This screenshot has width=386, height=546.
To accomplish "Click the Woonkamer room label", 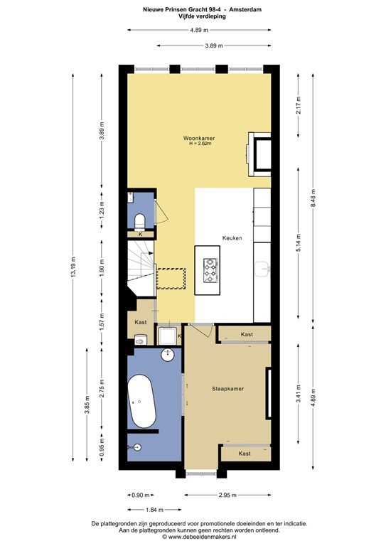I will [199, 137].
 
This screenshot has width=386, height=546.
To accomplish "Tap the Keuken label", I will [232, 239].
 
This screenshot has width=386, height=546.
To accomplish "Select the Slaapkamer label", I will [228, 389].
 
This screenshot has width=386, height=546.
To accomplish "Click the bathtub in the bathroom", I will [142, 402].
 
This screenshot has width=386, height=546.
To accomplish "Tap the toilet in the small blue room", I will [139, 218].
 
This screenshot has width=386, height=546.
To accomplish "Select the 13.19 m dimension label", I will [73, 273].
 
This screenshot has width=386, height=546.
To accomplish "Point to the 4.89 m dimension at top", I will [198, 30].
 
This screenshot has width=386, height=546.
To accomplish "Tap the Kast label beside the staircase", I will [140, 322].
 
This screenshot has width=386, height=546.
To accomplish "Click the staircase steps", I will [141, 267].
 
